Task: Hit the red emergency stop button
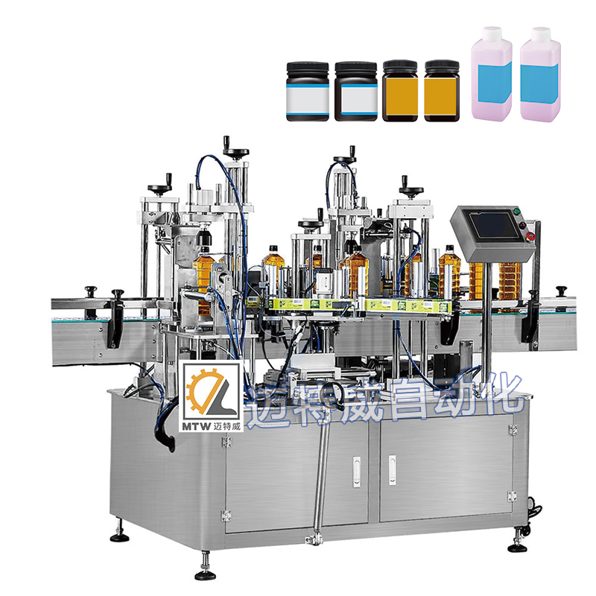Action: pos(530,236)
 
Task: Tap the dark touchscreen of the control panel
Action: pos(493,226)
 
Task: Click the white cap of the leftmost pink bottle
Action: pos(492,34)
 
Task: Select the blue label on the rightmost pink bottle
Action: pos(539,83)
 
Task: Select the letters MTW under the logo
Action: pos(197,426)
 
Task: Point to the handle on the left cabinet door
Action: pos(356,472)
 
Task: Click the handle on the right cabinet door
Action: pos(392,470)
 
